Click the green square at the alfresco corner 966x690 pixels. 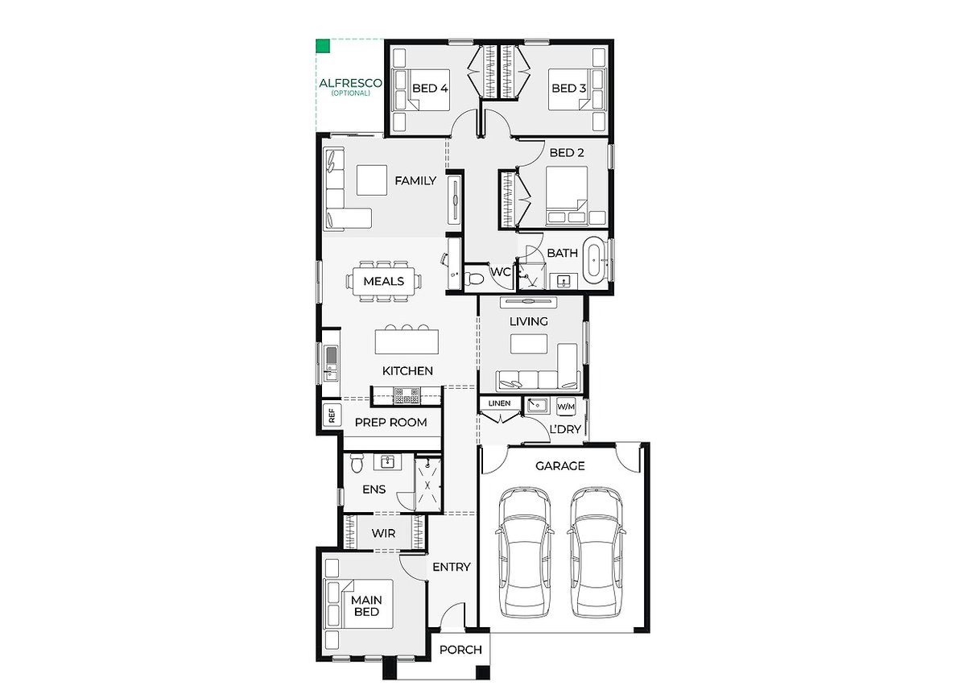tap(323, 46)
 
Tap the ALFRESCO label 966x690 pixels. tap(350, 83)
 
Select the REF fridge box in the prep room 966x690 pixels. tap(332, 415)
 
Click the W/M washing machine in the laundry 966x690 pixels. tap(566, 407)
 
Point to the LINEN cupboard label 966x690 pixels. tap(499, 403)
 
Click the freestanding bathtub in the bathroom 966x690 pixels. tap(594, 260)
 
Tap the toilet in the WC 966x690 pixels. tap(474, 279)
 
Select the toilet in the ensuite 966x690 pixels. tap(356, 463)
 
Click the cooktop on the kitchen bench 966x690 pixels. tap(407, 396)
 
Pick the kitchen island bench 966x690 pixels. tap(407, 341)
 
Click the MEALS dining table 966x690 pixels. tap(384, 282)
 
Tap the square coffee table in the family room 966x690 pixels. tap(372, 180)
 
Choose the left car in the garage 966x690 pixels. tap(525, 553)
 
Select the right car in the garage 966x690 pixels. tap(597, 553)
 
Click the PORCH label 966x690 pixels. tap(460, 650)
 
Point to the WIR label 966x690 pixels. tap(383, 534)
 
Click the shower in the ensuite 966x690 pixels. tap(427, 485)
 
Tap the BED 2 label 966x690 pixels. tap(567, 153)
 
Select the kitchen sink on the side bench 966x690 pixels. tap(331, 365)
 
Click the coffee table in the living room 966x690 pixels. tap(529, 344)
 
